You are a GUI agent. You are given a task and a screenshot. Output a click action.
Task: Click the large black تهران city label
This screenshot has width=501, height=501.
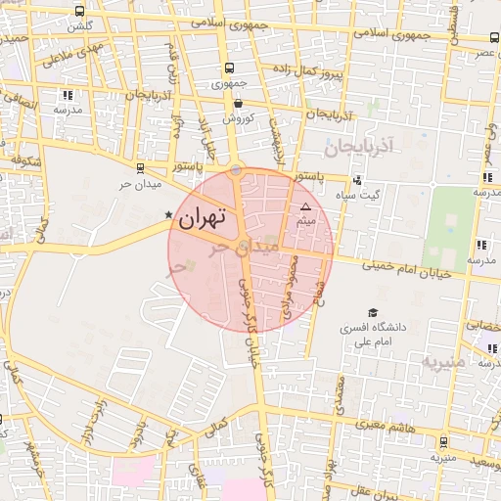pyautogui.click(x=202, y=217)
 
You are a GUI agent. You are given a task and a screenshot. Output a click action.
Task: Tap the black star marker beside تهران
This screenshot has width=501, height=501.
pyautogui.click(x=168, y=214)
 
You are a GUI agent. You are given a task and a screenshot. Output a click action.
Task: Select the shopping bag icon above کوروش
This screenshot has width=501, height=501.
pyautogui.click(x=238, y=102)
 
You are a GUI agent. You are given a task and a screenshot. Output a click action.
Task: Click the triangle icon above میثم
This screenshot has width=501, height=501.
pyautogui.click(x=305, y=206)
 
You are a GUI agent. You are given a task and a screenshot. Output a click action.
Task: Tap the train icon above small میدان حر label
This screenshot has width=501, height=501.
pyautogui.click(x=140, y=167)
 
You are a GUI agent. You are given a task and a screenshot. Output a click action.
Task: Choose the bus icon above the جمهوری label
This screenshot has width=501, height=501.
pyautogui.click(x=229, y=68)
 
